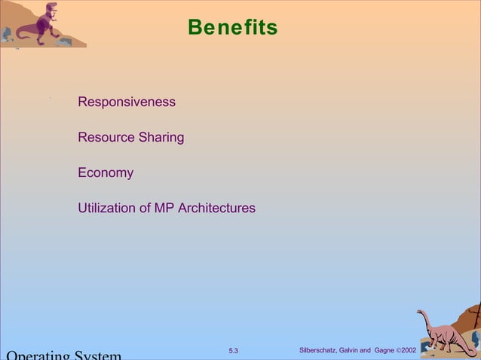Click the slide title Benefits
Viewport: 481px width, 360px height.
(x=232, y=28)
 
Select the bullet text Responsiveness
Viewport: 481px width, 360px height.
(x=127, y=102)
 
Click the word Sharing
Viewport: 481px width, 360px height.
(x=161, y=138)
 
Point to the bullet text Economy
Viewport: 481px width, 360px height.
(x=106, y=172)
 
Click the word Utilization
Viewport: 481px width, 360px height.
(x=107, y=208)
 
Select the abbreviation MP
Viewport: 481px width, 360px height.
(x=164, y=208)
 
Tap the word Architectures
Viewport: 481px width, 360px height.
(x=217, y=208)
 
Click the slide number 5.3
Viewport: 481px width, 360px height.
(x=233, y=351)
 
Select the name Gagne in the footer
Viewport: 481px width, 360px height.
(x=384, y=351)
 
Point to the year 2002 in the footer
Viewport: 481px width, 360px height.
(x=409, y=351)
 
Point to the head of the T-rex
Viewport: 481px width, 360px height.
(x=51, y=9)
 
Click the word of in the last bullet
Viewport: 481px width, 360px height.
(x=145, y=208)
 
